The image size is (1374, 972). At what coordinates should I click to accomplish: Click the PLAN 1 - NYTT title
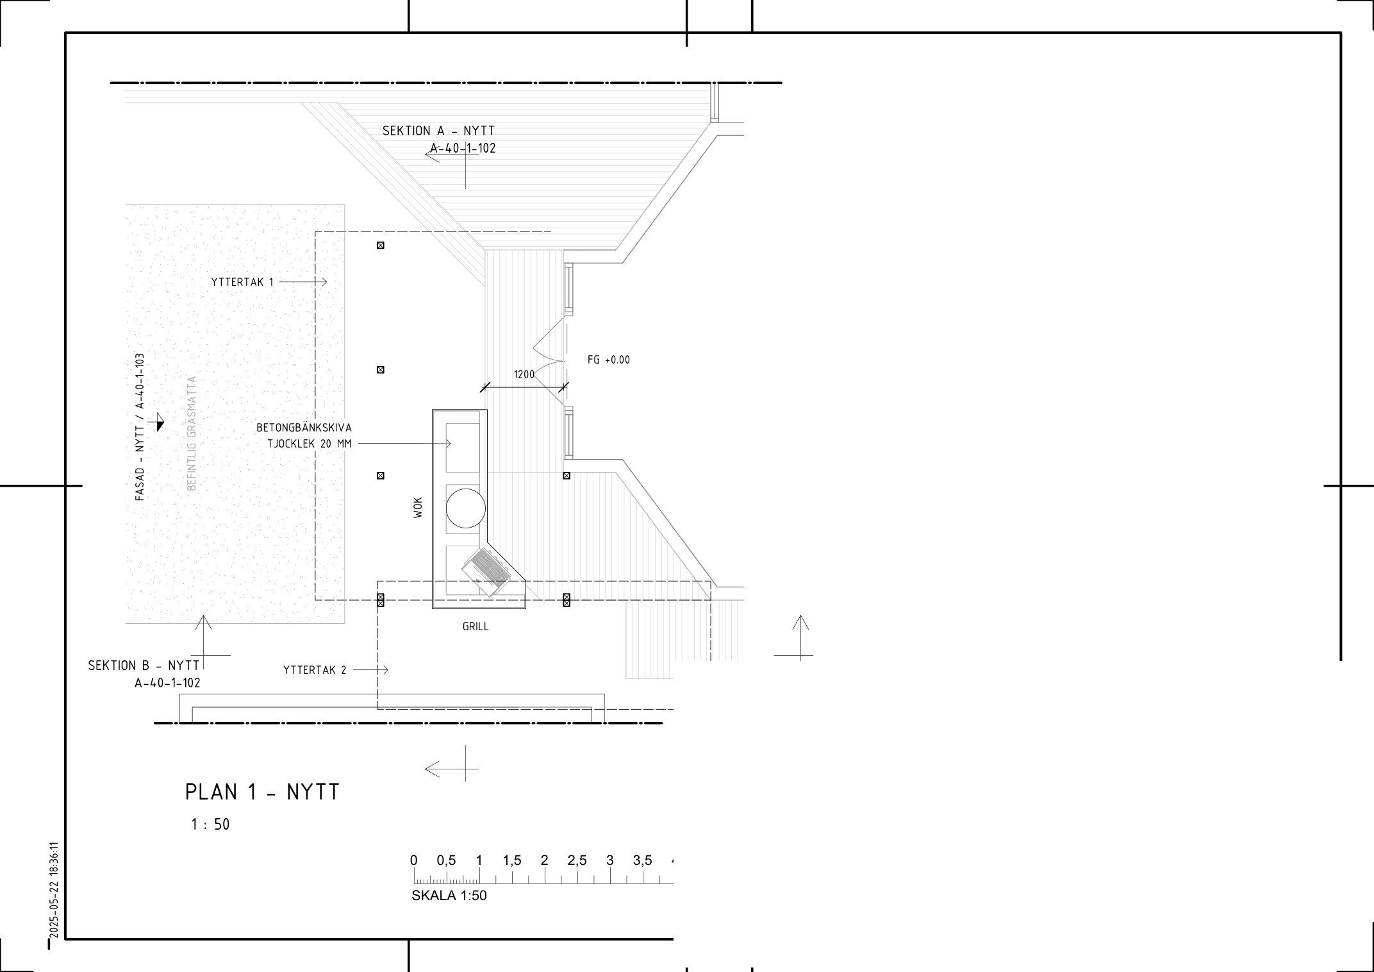pos(262,792)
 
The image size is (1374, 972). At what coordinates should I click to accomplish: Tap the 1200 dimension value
pos(524,374)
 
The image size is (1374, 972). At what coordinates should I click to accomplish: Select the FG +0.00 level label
pos(609,360)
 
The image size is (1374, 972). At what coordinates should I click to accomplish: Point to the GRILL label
pos(476,626)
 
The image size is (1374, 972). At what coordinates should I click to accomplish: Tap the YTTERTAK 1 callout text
pos(242,281)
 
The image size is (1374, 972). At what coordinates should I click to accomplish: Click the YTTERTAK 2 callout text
pos(315,670)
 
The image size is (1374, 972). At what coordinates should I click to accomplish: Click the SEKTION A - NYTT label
pos(438,131)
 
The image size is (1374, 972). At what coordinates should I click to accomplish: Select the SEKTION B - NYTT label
pos(144,666)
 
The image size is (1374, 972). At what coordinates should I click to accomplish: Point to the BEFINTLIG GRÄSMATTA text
pos(192,433)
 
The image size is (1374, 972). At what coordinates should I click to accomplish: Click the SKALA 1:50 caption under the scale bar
pos(449,896)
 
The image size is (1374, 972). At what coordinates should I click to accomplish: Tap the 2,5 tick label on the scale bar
pos(577,860)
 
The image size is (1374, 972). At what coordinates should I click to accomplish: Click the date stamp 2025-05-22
pos(54,910)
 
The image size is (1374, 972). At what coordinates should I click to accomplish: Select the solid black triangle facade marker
pos(160,423)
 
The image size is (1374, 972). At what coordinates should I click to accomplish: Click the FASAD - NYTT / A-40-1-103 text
pos(140,426)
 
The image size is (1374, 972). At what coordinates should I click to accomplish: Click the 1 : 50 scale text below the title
pos(210,825)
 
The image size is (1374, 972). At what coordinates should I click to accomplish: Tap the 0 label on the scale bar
pos(414,860)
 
